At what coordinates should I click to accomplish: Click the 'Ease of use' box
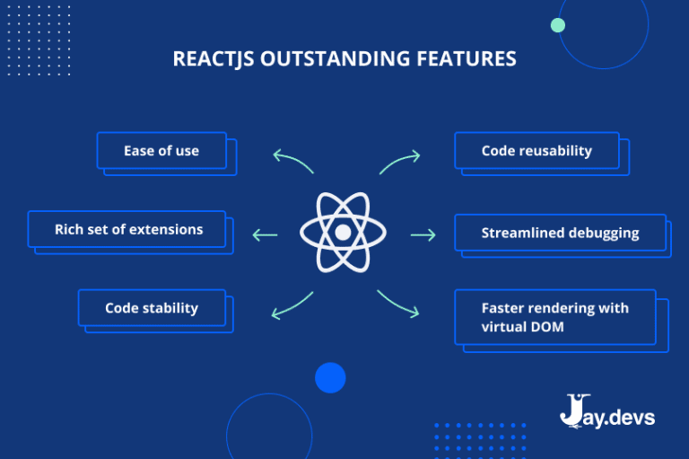pos(161,150)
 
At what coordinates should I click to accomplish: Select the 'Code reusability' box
pos(536,150)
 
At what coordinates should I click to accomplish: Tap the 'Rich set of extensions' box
pos(128,229)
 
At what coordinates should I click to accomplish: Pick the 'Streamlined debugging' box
pos(560,233)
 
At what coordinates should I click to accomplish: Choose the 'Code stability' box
pos(152,308)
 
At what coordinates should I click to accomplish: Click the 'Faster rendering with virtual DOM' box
pos(555,317)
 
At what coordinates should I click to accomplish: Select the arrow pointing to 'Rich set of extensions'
pos(266,235)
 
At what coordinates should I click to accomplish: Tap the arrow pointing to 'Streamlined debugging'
pos(423,235)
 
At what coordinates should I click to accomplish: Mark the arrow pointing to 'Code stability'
pos(292,305)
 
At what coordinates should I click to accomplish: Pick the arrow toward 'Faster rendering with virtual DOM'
pos(398,304)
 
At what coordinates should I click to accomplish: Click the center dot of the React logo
pos(343,233)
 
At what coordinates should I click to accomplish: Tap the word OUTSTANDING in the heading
pos(337,59)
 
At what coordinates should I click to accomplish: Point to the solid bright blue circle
pos(330,377)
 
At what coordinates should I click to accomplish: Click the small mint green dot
pos(557,25)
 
